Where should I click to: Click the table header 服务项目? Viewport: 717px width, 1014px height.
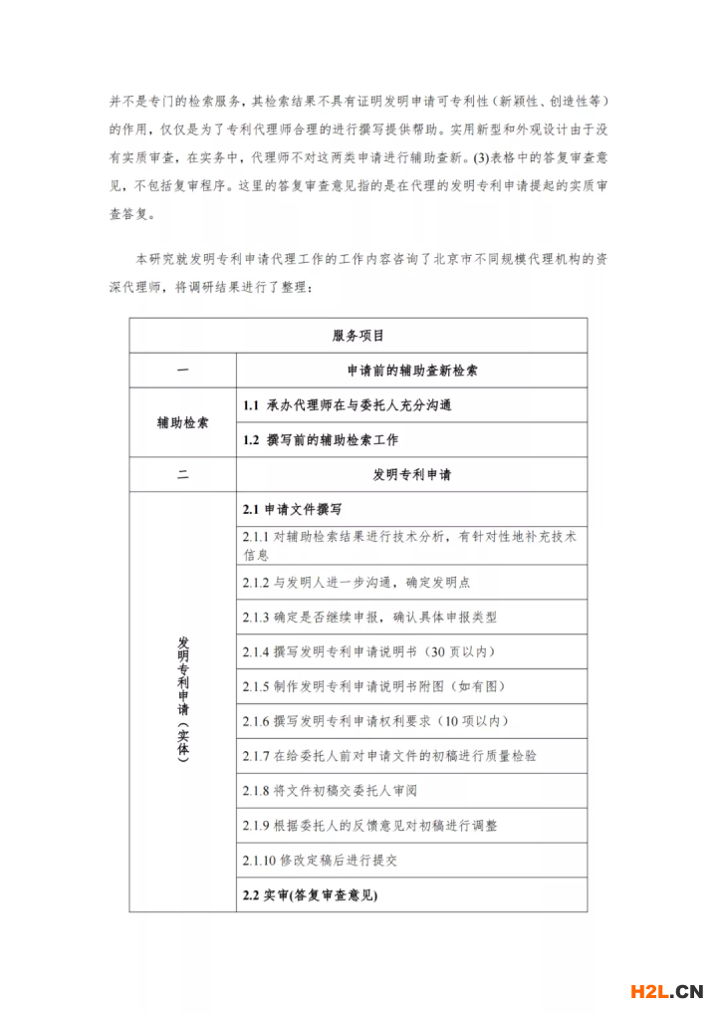click(358, 336)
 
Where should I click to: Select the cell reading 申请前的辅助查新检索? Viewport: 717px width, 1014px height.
click(411, 371)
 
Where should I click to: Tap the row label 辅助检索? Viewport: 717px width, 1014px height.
click(183, 422)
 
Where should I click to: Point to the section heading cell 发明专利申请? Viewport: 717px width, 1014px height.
click(411, 474)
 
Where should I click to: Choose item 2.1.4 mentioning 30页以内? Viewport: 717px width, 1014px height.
click(369, 651)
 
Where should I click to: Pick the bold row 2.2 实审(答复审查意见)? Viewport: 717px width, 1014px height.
click(310, 894)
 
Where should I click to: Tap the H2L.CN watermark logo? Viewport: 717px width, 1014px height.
click(666, 990)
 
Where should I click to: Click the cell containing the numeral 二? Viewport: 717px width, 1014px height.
click(183, 474)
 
